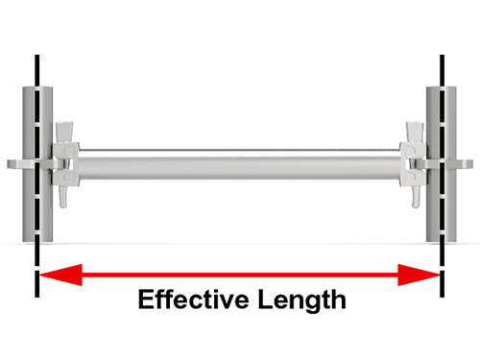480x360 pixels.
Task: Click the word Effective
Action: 193,300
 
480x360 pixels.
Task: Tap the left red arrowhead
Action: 54,276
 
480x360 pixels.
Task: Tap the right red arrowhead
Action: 424,276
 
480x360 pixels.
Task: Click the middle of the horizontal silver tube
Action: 240,164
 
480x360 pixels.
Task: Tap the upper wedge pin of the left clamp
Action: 65,132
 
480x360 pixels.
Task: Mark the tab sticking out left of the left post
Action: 13,163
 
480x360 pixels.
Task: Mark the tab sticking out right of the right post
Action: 465,163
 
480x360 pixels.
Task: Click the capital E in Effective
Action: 146,300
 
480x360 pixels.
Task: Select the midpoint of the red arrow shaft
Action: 239,276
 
